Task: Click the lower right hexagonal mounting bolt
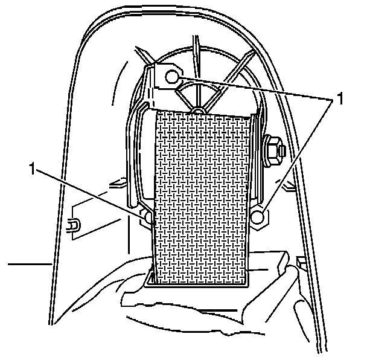(x=258, y=217)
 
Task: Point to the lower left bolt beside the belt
(x=147, y=216)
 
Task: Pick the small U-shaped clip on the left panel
(x=72, y=225)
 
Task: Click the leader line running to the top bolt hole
(x=254, y=88)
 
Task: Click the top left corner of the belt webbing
(x=155, y=113)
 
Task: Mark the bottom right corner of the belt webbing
(x=247, y=281)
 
